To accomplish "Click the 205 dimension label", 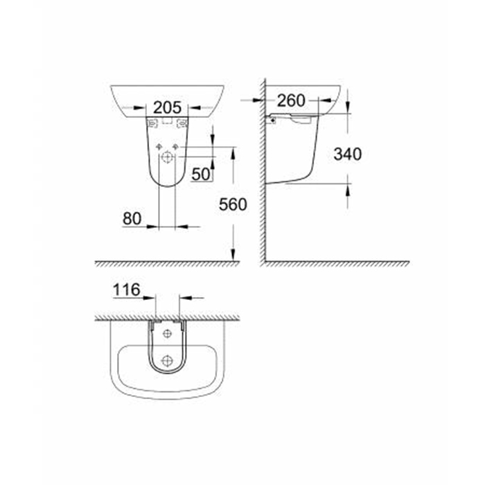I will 167,107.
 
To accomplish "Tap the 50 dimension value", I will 202,175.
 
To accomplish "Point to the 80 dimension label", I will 132,218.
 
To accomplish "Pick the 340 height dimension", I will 348,155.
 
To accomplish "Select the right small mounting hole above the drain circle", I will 175,147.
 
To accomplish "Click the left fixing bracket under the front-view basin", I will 152,123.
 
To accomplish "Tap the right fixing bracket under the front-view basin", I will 182,123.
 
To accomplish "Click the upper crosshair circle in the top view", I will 166,334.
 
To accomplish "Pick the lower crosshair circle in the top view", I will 166,360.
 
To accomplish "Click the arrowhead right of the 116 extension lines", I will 184,298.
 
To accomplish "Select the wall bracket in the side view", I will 273,120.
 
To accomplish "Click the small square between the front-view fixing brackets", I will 167,121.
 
